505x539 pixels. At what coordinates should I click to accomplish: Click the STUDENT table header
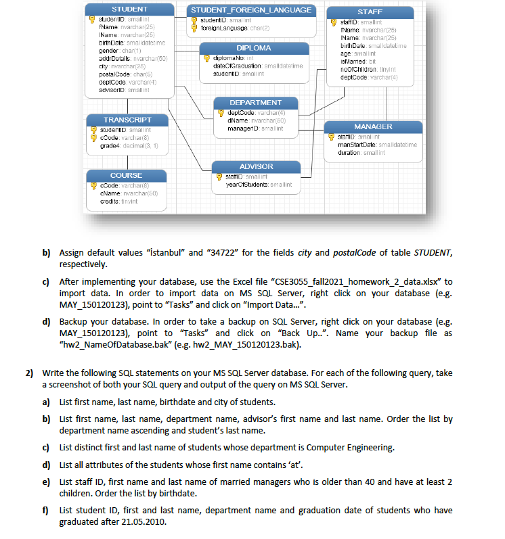coord(129,9)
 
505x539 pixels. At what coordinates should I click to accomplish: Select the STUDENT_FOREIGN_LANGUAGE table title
coord(251,9)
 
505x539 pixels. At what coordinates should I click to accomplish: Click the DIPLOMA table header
coord(254,48)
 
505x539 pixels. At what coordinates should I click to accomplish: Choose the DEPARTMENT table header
coord(256,102)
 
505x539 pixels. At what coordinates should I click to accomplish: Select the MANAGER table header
coord(373,126)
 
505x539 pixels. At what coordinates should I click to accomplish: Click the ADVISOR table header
coord(257,166)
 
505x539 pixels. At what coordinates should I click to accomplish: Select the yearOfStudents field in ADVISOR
coord(240,183)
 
